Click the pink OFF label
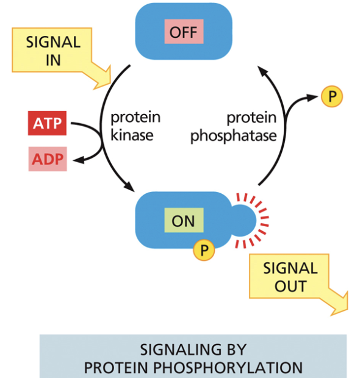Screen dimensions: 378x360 184,31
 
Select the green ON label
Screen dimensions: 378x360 183,220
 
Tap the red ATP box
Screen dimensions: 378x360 47,123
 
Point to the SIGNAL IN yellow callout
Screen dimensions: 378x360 53,52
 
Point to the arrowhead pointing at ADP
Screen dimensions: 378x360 77,160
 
